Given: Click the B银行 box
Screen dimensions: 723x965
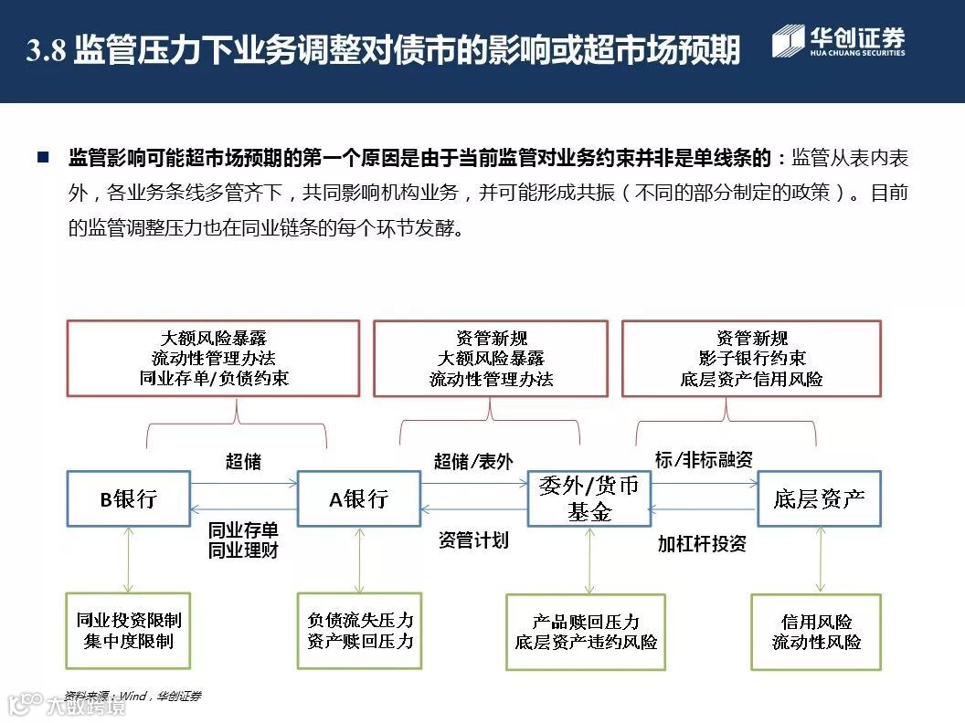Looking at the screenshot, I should tap(128, 498).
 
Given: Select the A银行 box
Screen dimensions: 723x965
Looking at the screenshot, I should tap(359, 498).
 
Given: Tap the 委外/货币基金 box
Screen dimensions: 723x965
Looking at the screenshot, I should tap(589, 498).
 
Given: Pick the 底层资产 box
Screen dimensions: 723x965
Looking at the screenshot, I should tap(819, 498).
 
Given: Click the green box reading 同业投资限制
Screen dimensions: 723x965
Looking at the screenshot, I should tap(129, 631).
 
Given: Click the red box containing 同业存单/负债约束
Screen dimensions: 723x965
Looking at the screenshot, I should tap(213, 358).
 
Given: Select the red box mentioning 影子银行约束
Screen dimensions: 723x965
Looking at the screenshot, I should tap(751, 358).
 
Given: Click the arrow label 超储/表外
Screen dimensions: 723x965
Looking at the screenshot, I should tap(473, 461).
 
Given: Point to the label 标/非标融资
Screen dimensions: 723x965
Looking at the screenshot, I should tap(704, 459).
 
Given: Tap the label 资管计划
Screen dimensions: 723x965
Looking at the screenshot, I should tap(473, 540).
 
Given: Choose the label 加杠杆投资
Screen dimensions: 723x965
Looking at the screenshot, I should tap(702, 543).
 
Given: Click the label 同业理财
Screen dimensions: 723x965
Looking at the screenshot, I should tap(243, 550).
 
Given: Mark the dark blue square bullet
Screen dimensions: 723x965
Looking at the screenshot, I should tap(42, 158).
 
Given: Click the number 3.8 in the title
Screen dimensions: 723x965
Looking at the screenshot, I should tap(46, 51).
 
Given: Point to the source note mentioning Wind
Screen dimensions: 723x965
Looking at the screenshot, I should tap(133, 696).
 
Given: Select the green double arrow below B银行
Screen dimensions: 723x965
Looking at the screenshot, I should tap(128, 560).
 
